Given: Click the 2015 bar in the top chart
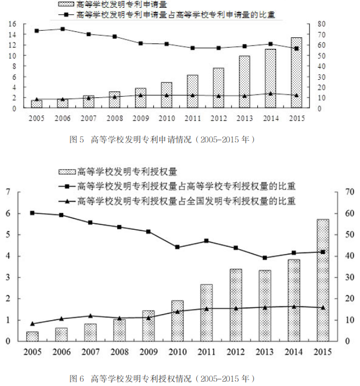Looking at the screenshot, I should pos(296,73).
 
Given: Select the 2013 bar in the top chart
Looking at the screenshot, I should pos(244,82).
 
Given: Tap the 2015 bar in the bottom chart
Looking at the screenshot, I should pos(323,280).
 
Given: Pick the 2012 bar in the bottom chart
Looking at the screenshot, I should pos(235,305).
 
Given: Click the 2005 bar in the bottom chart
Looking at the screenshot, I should pos(32,336).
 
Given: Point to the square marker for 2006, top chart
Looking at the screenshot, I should pos(63,29).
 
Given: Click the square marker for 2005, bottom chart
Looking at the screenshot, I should pos(32,213).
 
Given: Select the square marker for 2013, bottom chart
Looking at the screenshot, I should pos(264,257).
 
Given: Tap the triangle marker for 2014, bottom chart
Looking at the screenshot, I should pos(293,306).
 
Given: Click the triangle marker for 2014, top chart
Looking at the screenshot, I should pos(270,93).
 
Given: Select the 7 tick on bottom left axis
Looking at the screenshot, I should pos(8,192).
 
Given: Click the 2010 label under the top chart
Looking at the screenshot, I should pos(167,118).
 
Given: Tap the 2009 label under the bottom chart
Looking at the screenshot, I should pos(148,352).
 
